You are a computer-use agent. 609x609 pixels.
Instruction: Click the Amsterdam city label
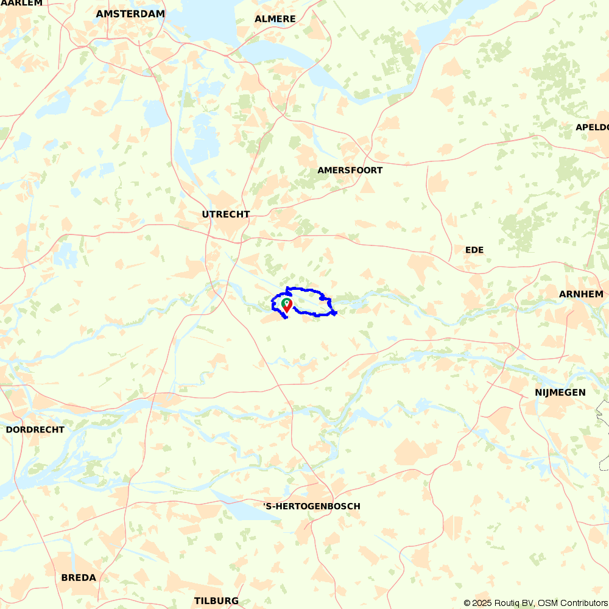click(130, 13)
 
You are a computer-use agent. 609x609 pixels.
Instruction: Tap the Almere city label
click(275, 19)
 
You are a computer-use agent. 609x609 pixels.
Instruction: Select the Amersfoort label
click(350, 170)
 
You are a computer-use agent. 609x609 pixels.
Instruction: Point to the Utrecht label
click(226, 214)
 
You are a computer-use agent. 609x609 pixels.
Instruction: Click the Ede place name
click(474, 250)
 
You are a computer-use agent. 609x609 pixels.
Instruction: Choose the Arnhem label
click(581, 294)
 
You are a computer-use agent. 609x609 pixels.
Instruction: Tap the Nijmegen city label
click(560, 392)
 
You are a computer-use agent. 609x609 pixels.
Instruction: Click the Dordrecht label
click(35, 429)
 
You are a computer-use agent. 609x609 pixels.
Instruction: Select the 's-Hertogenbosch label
click(312, 506)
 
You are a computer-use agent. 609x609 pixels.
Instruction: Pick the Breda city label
click(79, 577)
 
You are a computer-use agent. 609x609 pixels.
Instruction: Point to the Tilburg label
click(216, 600)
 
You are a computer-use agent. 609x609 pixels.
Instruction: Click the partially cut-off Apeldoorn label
click(592, 127)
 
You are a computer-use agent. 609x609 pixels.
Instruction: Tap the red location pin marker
click(287, 306)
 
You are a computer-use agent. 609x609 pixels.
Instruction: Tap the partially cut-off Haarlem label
click(21, 3)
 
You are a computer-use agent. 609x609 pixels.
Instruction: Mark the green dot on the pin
click(287, 301)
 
